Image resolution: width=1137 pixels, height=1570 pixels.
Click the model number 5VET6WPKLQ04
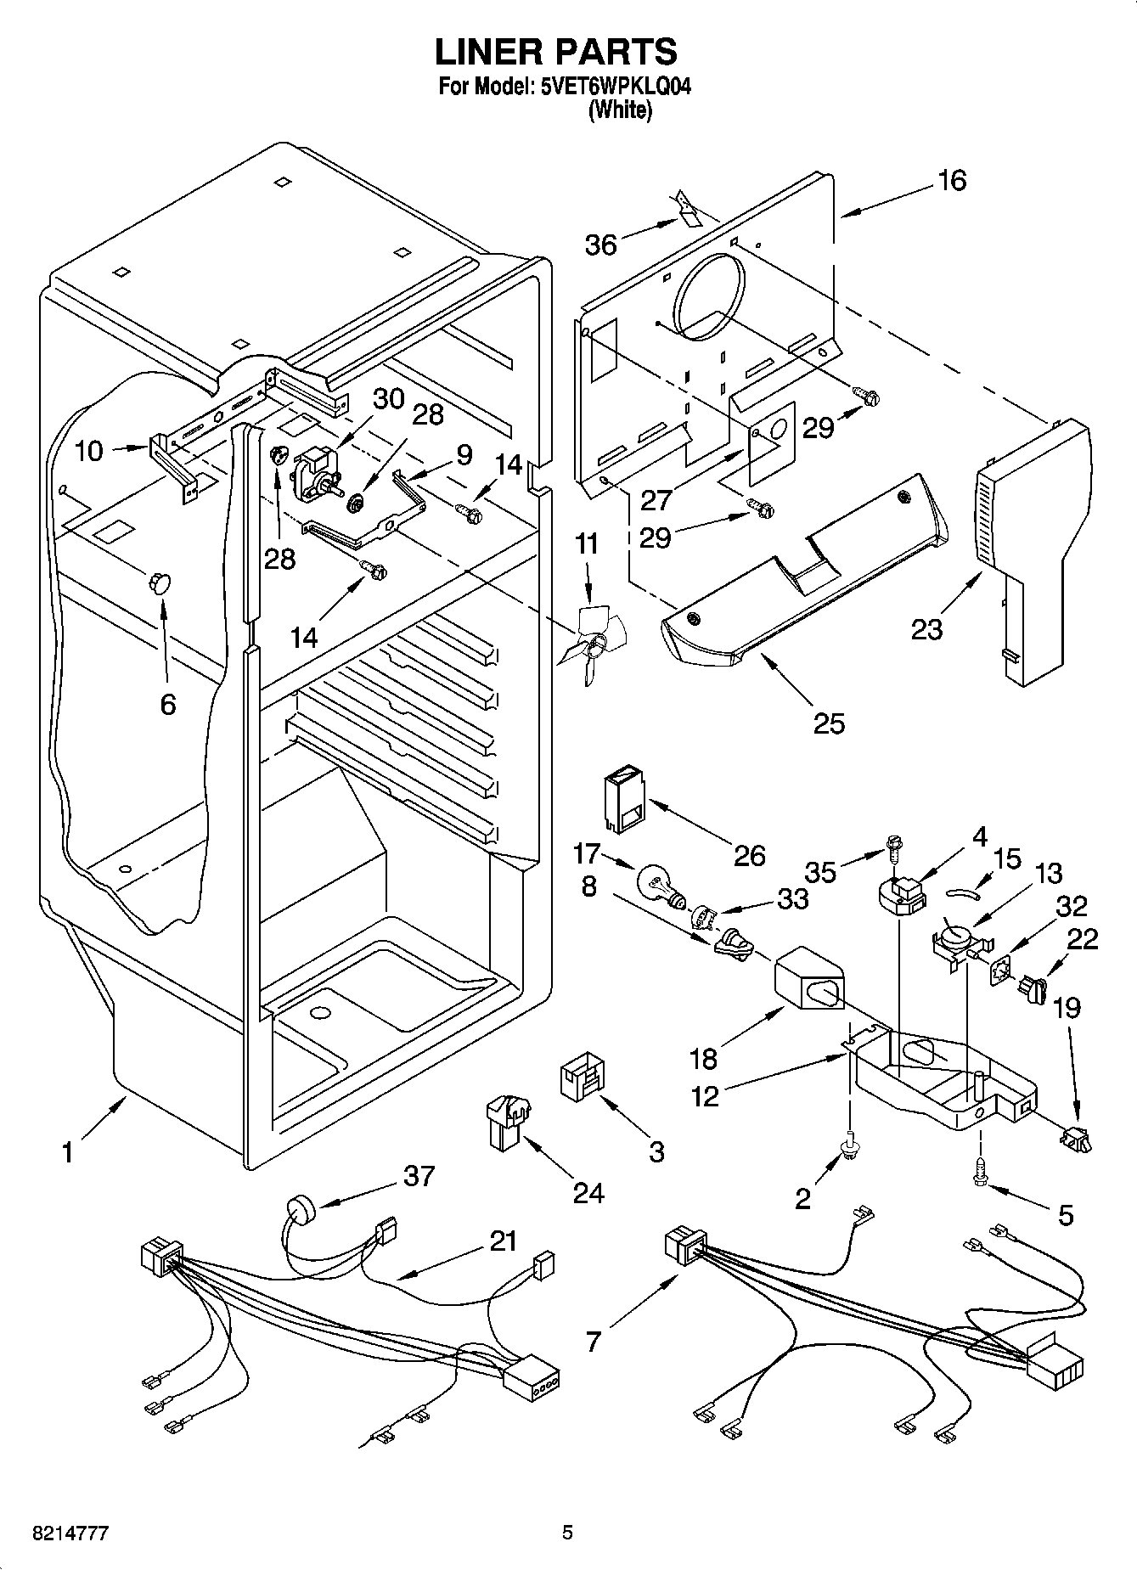[x=610, y=87]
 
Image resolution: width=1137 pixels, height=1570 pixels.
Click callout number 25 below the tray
[x=829, y=723]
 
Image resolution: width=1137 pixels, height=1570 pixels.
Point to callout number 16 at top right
[x=953, y=180]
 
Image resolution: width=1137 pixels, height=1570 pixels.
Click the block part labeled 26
[x=623, y=799]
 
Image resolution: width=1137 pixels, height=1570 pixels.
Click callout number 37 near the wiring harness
[x=419, y=1176]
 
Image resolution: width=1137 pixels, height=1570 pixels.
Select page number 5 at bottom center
[x=568, y=1532]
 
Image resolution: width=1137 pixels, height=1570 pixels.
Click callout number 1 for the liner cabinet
[x=67, y=1152]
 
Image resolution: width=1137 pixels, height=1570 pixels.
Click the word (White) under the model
[x=621, y=110]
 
